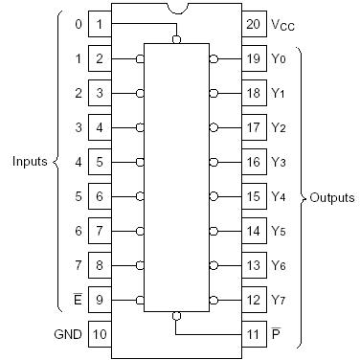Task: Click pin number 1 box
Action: coord(100,22)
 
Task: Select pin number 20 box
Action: coord(253,22)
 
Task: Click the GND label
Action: coord(66,336)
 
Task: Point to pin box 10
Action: coord(100,336)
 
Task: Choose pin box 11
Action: coord(253,336)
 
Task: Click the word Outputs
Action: coord(331,198)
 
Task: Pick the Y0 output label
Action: coord(279,59)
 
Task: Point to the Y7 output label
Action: coord(279,300)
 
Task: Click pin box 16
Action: coord(253,163)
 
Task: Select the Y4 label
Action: coord(279,197)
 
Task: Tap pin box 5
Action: coord(100,163)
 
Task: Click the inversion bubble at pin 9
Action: coord(141,300)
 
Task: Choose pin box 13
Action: coord(253,265)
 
